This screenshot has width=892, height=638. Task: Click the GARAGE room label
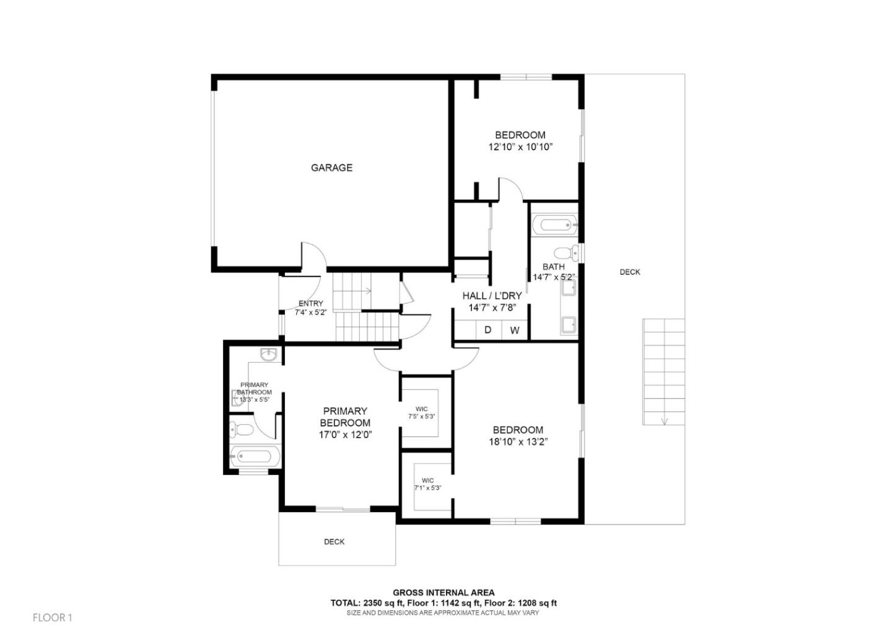[x=331, y=167]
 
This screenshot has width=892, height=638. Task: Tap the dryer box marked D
[x=488, y=330]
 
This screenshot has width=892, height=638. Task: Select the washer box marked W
[x=514, y=330]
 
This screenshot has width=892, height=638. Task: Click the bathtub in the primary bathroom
[x=255, y=458]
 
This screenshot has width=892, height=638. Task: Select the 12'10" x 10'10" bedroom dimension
[x=520, y=148]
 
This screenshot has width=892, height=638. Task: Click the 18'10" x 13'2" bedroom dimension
[x=518, y=442]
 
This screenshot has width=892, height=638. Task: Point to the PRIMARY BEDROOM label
[x=345, y=417]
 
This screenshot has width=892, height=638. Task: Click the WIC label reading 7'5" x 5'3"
[x=421, y=413]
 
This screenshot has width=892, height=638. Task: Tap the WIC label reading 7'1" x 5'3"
[x=427, y=484]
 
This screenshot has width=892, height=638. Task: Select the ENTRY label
[x=310, y=304]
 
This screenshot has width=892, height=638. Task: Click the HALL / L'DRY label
[x=492, y=296]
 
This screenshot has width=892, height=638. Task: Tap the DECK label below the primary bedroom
[x=334, y=542]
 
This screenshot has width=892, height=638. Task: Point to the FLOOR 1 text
[x=53, y=618]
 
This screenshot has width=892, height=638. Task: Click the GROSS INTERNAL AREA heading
[x=444, y=593]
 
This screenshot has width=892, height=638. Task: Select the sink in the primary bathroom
[x=268, y=355]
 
